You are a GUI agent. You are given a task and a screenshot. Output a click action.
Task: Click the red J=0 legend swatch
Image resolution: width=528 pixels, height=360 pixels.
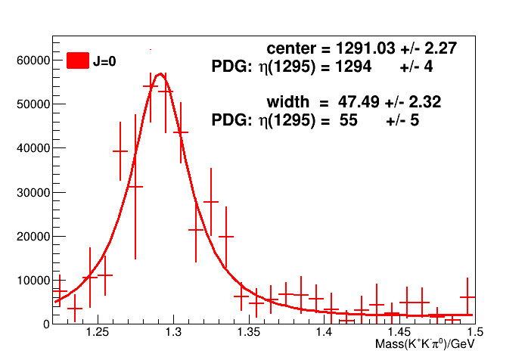tap(78, 61)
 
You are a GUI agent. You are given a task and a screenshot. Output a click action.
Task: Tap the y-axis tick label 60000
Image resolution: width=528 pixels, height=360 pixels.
tap(33, 60)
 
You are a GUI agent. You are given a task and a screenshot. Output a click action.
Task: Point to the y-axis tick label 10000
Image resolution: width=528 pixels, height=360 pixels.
tap(33, 280)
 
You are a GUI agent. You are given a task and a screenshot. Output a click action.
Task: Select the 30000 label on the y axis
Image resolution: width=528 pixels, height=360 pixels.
tap(33, 192)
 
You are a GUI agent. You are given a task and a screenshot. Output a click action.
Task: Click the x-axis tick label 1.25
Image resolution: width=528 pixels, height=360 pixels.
tap(97, 333)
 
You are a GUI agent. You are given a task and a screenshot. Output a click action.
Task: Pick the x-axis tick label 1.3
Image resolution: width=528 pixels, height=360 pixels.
tap(173, 333)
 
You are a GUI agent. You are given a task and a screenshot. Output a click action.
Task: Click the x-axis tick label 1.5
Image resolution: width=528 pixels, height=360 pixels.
tap(475, 333)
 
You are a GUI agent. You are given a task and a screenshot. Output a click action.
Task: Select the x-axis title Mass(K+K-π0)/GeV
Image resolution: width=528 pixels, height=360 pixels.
tap(428, 345)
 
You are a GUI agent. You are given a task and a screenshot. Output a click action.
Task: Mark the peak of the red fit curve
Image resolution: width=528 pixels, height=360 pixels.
tap(160, 74)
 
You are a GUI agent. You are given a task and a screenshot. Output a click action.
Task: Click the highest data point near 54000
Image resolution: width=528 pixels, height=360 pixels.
tap(150, 86)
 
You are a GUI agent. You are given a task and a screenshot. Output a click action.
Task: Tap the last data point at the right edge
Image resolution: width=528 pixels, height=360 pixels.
tap(467, 297)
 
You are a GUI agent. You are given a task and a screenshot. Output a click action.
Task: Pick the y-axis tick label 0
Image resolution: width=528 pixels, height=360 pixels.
tap(45, 324)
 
